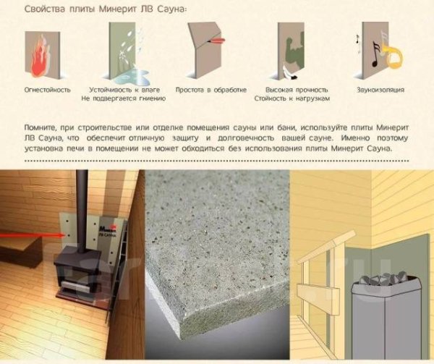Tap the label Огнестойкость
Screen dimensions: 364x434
point(47,90)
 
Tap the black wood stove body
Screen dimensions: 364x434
point(76,279)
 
